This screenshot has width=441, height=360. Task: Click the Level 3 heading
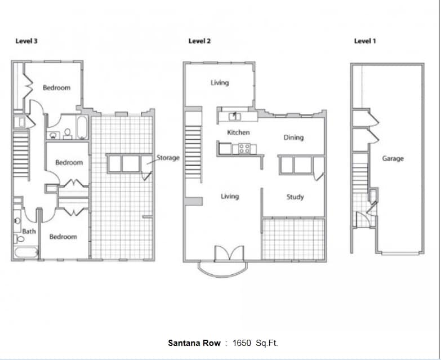click(x=26, y=41)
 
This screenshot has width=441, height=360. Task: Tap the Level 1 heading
click(x=364, y=41)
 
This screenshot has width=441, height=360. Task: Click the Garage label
click(x=393, y=159)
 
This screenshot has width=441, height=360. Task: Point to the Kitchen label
click(x=238, y=132)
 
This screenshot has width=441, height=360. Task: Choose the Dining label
click(x=293, y=137)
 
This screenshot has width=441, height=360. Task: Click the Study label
click(x=295, y=197)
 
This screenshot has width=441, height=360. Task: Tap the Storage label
click(x=168, y=158)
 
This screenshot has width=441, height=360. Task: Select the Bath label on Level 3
click(x=29, y=231)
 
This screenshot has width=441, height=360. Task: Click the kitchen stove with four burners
click(x=244, y=149)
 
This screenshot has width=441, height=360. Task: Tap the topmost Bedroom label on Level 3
click(x=57, y=88)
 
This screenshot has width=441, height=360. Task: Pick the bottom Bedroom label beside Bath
click(x=63, y=237)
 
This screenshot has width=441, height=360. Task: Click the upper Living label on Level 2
click(x=220, y=83)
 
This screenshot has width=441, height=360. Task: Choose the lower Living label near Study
click(x=230, y=196)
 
